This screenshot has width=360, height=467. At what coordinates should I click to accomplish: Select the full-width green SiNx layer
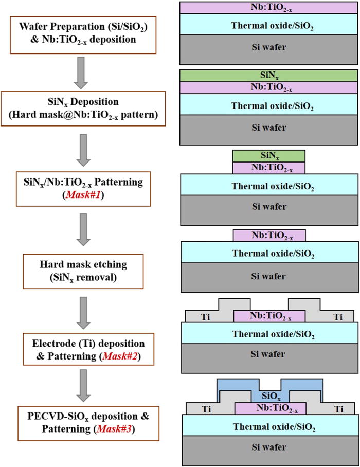point(268,75)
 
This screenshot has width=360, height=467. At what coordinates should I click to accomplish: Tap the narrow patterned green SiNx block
point(269,155)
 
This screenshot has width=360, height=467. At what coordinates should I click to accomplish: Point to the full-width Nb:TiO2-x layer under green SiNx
point(268,88)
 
